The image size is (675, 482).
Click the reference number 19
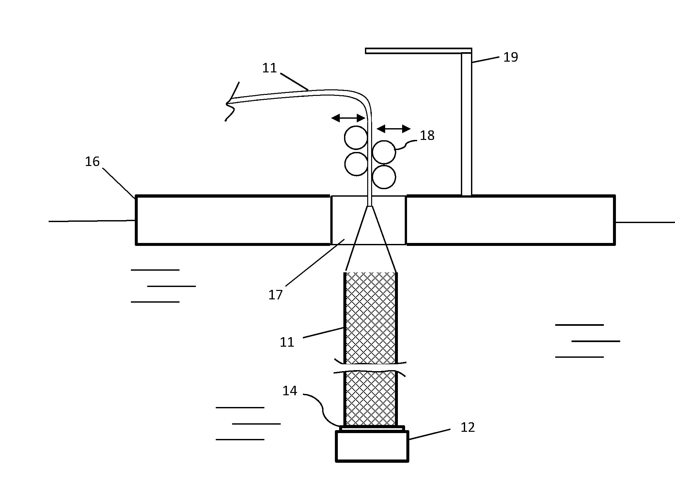coord(510,57)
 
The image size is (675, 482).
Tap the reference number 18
coord(427,135)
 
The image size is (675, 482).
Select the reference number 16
coord(92,161)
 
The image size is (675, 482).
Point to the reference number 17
coord(275,295)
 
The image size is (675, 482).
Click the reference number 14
coord(290,391)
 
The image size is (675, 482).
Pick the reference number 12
coord(467,427)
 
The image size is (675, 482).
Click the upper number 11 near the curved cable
coord(269,68)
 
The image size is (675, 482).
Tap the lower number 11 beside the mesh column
coord(287,342)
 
